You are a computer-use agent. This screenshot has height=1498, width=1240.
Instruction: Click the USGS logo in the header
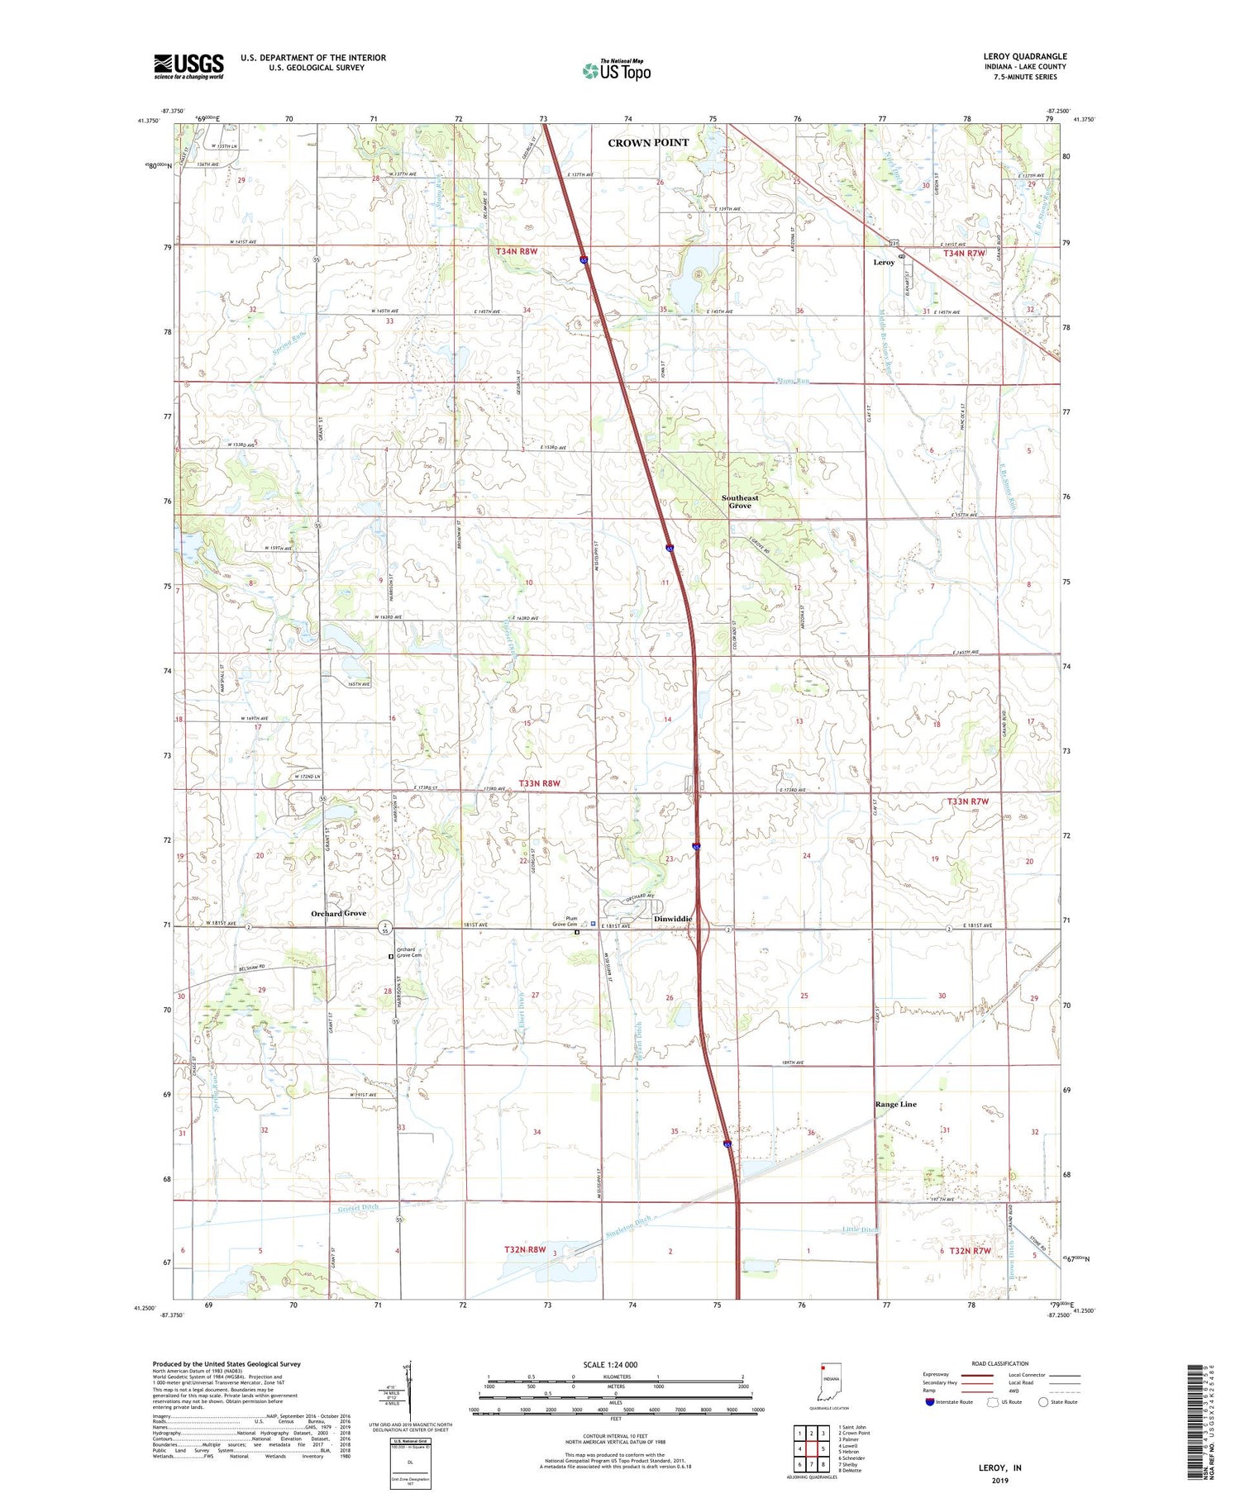[188, 66]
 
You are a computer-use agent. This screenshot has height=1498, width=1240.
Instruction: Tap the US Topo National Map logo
[616, 70]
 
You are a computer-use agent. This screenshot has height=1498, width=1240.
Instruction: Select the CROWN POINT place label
[648, 143]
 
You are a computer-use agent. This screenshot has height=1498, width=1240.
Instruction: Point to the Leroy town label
[884, 262]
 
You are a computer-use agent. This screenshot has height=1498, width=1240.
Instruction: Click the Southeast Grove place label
[739, 502]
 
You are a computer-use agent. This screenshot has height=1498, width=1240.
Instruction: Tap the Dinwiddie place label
[672, 919]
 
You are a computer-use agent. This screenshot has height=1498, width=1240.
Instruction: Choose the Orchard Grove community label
[338, 913]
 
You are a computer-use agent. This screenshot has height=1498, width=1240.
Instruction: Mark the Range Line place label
[895, 1104]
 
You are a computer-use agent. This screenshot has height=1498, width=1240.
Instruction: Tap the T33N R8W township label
[540, 783]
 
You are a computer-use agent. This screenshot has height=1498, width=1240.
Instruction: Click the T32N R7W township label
[971, 1251]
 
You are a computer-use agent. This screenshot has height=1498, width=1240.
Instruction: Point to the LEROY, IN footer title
[999, 1467]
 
